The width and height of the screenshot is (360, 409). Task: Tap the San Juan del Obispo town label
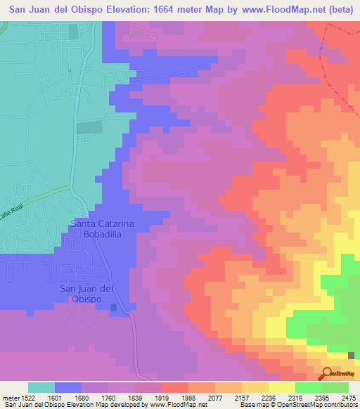[86, 294]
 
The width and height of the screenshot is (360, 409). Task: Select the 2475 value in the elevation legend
[349, 397]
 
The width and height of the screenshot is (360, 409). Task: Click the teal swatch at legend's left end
[41, 387]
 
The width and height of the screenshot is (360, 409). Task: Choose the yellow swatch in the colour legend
[281, 387]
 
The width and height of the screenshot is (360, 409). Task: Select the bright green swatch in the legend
[308, 387]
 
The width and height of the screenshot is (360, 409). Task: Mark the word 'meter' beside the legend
[6, 397]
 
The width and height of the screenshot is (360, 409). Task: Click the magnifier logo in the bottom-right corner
[327, 372]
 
